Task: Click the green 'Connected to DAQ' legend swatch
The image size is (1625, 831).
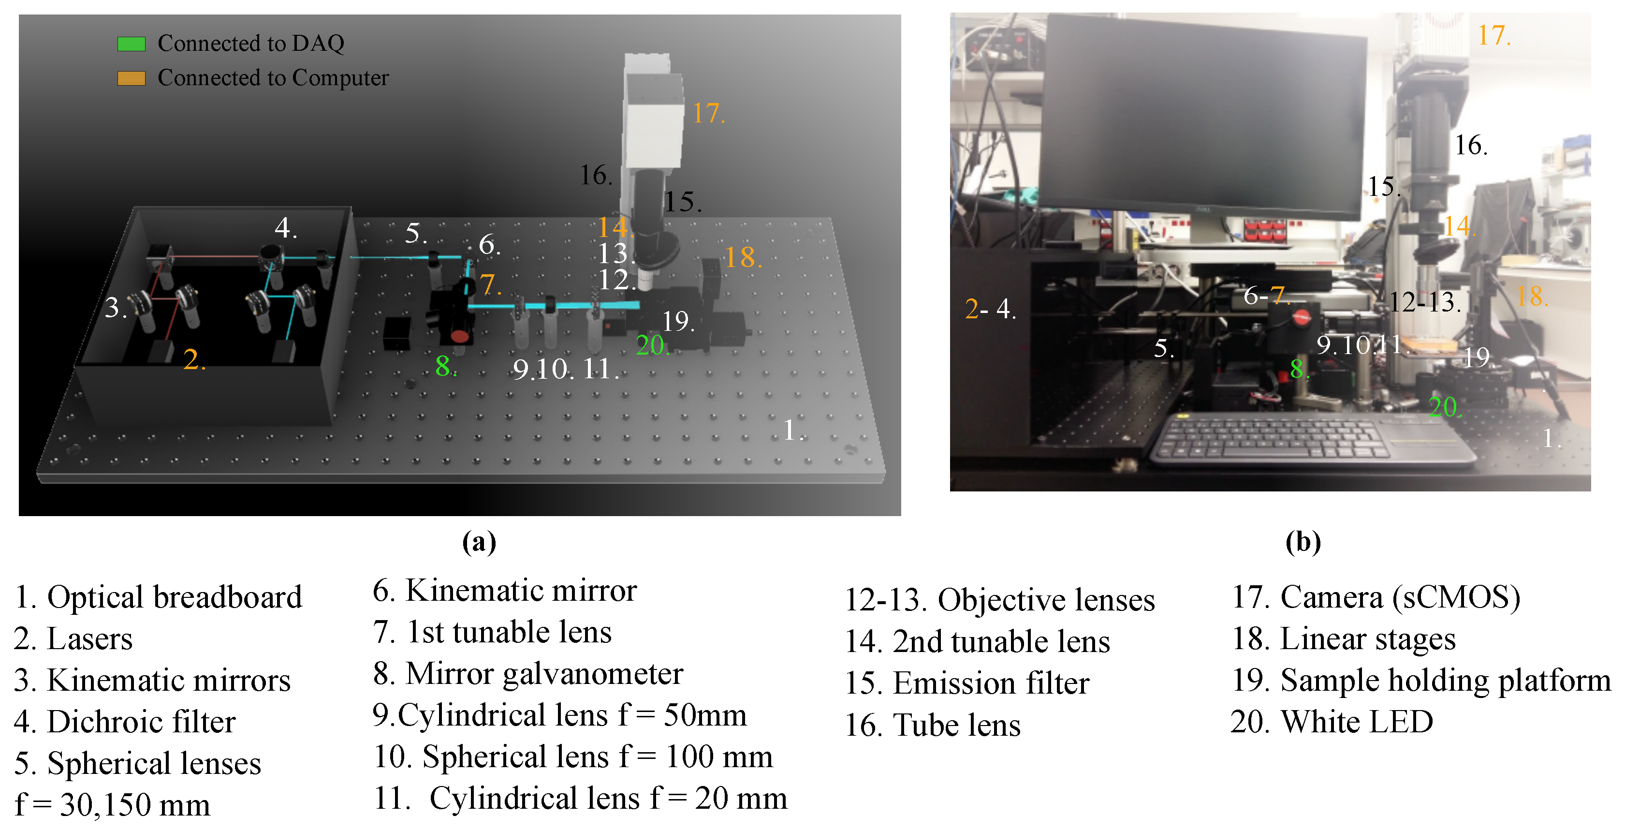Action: (131, 44)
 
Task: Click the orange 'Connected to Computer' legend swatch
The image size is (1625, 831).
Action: (131, 78)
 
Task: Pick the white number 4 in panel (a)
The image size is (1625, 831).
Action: (284, 228)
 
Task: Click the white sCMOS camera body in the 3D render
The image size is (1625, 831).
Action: (654, 120)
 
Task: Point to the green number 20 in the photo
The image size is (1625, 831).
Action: (1443, 407)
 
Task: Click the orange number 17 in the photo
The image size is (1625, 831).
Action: (1493, 35)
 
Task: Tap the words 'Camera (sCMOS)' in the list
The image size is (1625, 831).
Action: (1399, 597)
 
